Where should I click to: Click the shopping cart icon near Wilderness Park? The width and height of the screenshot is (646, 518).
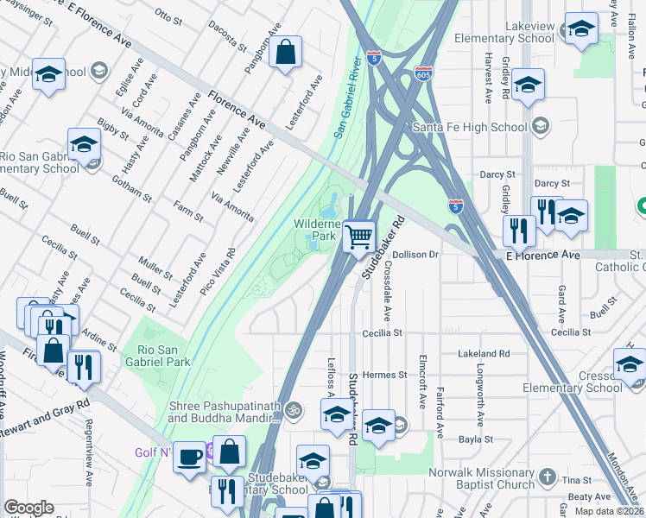tap(358, 235)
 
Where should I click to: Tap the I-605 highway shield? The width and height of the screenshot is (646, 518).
tap(423, 74)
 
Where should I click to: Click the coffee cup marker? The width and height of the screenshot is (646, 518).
tap(189, 458)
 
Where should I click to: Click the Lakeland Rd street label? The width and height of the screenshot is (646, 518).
tap(485, 353)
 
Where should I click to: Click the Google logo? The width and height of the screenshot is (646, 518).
tap(28, 508)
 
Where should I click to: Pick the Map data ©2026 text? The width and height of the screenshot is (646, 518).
tap(609, 511)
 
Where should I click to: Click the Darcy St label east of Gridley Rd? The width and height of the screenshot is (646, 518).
tap(552, 184)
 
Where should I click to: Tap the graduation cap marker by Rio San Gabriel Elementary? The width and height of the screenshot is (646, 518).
tap(84, 144)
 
